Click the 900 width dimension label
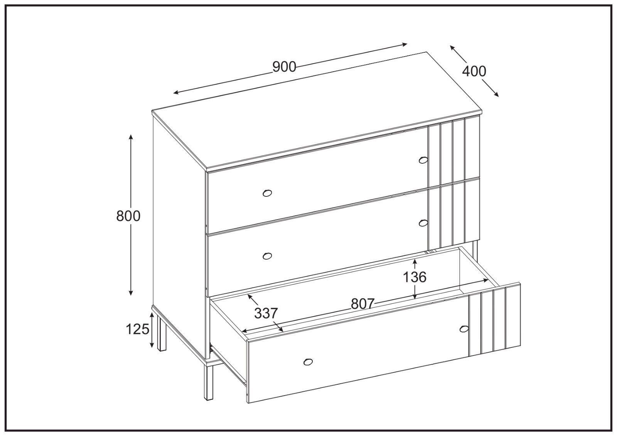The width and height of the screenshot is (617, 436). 284,67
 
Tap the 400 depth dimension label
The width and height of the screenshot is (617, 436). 474,71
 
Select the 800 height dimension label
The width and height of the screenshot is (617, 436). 128,216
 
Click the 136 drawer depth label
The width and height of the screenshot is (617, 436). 415,277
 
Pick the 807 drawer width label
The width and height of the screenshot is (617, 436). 362,304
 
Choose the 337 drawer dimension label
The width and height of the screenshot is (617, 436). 266,313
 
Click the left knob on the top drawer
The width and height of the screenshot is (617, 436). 267,193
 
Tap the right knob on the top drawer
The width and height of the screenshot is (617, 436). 423,160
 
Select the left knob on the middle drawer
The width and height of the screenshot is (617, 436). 267,256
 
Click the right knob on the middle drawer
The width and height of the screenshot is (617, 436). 423,223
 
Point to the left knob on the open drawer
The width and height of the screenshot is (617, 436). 308,362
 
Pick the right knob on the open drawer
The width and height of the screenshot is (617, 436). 464,329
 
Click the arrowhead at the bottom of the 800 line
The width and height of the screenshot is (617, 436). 131,292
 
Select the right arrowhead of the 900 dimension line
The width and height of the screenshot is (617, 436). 405,44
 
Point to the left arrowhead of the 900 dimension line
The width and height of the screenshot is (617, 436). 176,92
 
